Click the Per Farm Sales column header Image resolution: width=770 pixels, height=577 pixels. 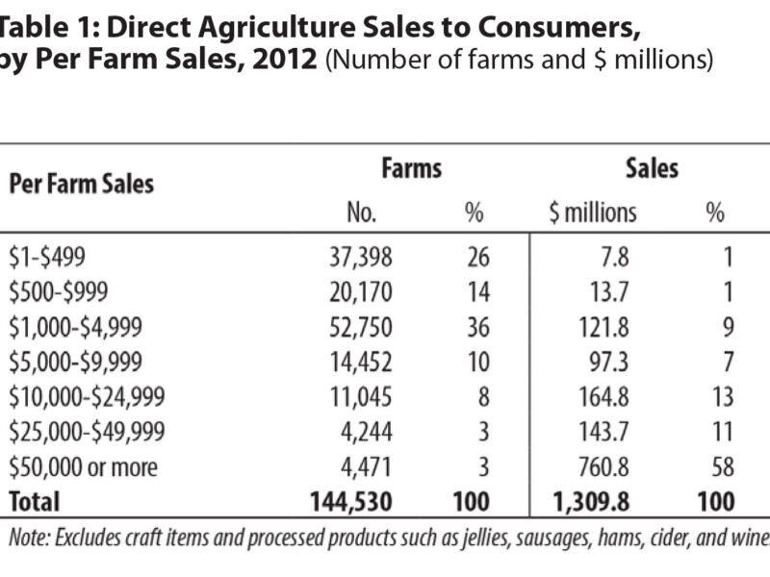(x=82, y=183)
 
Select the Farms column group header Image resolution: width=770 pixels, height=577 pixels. (x=411, y=169)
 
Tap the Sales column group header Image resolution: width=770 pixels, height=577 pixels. (x=652, y=169)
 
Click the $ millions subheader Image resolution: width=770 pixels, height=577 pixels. (x=593, y=213)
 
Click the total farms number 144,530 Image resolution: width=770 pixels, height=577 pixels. (x=352, y=502)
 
